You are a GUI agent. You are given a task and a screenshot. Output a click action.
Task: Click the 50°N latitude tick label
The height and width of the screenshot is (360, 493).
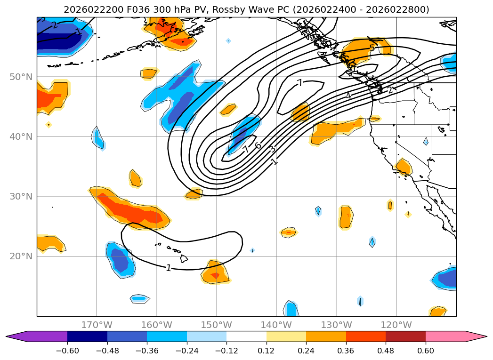tap(21, 77)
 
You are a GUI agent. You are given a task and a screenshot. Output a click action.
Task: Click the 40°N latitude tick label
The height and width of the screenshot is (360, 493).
tap(21, 137)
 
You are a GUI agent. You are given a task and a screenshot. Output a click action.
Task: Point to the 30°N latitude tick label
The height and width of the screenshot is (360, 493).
tap(21, 197)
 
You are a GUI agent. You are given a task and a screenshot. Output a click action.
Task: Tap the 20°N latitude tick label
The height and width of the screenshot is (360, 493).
tap(21, 256)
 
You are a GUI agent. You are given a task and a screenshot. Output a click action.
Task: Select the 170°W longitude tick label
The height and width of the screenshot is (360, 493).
tap(97, 325)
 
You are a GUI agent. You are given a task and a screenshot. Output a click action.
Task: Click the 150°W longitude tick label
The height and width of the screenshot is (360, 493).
tap(217, 325)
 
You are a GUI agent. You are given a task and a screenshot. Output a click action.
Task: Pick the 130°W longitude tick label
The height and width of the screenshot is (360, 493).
tap(336, 325)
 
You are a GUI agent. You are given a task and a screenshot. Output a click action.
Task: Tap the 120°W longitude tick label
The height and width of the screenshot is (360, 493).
tap(396, 325)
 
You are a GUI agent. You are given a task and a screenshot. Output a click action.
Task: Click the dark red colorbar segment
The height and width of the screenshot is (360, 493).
tap(405, 336)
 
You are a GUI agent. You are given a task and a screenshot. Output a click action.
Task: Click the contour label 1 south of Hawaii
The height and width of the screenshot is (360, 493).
tap(169, 268)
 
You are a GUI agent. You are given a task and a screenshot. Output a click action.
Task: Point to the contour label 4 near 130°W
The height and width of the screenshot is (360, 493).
tap(348, 96)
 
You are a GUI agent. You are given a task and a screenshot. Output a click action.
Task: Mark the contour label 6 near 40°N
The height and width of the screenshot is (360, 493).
tap(258, 146)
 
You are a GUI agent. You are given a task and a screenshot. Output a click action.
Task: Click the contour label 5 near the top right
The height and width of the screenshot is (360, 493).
tap(372, 48)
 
